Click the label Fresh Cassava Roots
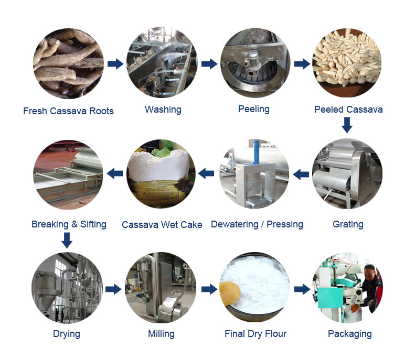[x=68, y=111]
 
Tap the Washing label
[x=163, y=110]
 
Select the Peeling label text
[x=253, y=109]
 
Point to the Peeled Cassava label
[x=348, y=110]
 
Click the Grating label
[x=348, y=224]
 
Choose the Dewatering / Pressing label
[x=257, y=224]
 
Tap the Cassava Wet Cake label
[x=162, y=225]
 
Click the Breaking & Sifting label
[x=69, y=224]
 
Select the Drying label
[x=67, y=334]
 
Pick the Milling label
[x=161, y=334]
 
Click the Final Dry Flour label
[x=255, y=334]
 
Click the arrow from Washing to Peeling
[x=209, y=64]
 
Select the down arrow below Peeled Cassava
[x=346, y=125]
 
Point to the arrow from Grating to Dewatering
[x=301, y=174]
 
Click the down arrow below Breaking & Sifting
[x=67, y=241]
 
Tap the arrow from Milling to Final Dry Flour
[x=209, y=289]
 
